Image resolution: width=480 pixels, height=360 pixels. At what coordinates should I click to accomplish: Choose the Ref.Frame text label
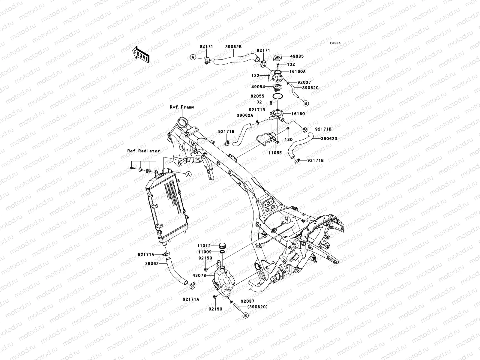pos(182,107)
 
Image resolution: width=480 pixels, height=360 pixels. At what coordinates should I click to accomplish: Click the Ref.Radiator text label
pos(143,151)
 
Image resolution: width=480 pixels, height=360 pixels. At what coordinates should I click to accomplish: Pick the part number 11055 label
pos(275,153)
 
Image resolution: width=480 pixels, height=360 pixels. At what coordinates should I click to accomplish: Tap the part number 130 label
pos(288,140)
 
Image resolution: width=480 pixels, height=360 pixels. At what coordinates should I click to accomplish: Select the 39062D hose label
pos(329,139)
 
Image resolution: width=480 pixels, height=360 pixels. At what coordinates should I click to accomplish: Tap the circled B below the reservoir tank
pos(245,315)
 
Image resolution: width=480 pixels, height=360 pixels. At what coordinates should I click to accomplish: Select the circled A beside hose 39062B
pos(201,57)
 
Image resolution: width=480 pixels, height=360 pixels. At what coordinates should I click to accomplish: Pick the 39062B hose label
pos(233,47)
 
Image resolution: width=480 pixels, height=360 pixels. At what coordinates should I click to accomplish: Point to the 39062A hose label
pos(245,115)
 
